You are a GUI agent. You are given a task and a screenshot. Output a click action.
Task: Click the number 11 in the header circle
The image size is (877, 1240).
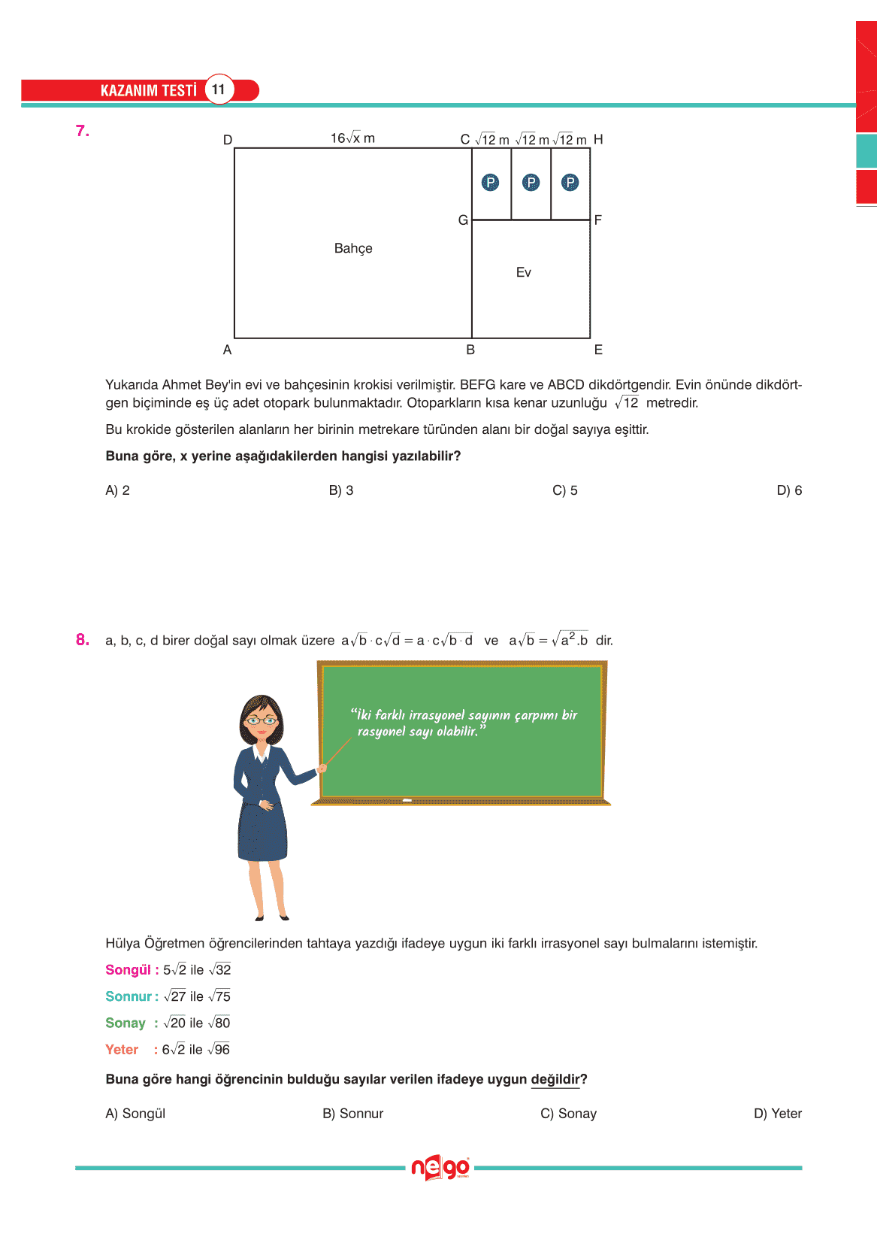[x=218, y=89]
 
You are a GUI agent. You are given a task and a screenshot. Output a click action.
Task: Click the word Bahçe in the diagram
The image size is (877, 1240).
[x=353, y=248]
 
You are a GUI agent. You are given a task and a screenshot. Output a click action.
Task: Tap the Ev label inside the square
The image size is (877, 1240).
[x=524, y=272]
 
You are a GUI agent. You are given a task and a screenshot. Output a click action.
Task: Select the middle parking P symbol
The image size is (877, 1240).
[x=531, y=182]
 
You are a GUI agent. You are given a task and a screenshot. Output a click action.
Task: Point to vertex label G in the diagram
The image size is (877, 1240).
[x=463, y=220]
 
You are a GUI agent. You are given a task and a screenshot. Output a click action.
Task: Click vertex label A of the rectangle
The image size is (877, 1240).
[x=227, y=350]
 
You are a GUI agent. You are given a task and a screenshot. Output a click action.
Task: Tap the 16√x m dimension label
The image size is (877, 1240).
[x=352, y=138]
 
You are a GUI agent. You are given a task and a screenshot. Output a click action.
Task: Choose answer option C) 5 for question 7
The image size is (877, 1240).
[x=565, y=490]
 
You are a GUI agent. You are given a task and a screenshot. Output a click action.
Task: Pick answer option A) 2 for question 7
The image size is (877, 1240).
[x=118, y=490]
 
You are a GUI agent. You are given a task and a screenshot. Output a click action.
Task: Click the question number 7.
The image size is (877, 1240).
[x=82, y=131]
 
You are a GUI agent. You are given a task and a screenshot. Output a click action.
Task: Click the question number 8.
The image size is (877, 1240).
[x=82, y=640]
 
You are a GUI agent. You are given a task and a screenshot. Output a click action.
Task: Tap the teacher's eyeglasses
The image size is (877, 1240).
[x=261, y=720]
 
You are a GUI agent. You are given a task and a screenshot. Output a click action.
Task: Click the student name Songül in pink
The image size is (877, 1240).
[x=128, y=970]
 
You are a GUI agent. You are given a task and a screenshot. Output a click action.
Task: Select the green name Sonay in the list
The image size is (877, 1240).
[x=126, y=1023]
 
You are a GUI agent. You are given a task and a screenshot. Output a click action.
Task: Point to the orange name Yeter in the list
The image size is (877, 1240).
[x=122, y=1050]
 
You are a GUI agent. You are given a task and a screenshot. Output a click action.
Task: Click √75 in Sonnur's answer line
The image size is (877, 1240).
[x=219, y=996]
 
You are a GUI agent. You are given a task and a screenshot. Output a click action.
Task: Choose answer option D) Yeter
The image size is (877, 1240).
[x=778, y=1114]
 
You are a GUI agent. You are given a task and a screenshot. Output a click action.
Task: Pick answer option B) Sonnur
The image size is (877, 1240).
[x=353, y=1114]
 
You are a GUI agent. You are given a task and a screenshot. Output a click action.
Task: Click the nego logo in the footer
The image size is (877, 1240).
[x=440, y=1168]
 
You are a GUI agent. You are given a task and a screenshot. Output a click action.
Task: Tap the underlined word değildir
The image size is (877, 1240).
[x=555, y=1080]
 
